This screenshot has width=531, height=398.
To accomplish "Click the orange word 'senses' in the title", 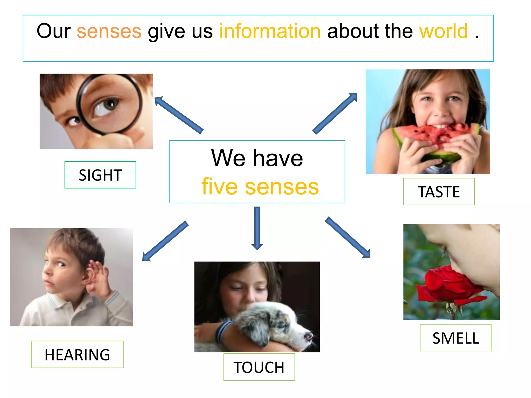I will click(109, 31).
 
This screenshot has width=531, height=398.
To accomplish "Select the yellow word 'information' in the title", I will click(270, 31).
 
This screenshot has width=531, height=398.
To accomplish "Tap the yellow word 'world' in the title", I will click(444, 31).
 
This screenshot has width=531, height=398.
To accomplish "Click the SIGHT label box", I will click(100, 175).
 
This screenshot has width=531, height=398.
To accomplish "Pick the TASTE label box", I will click(439, 192).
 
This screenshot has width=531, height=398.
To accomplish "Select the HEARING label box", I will click(77, 354).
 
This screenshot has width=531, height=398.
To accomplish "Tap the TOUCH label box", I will click(259, 367).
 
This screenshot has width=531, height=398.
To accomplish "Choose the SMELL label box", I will click(456, 338).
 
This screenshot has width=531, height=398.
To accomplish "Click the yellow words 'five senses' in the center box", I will click(260, 187).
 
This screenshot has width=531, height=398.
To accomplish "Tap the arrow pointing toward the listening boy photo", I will click(165, 241).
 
